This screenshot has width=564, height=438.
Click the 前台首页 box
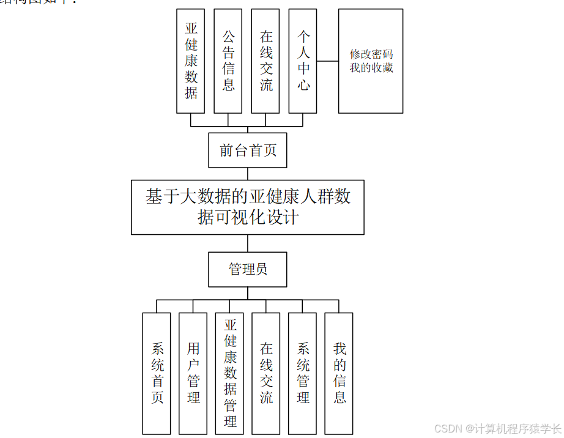click(x=247, y=150)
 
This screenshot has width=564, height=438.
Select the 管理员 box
click(x=247, y=269)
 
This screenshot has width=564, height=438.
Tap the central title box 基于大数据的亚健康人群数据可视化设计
click(x=247, y=207)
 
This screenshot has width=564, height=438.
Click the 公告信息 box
click(x=228, y=61)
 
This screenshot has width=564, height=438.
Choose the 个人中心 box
click(x=303, y=61)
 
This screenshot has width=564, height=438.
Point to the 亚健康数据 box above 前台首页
click(x=191, y=61)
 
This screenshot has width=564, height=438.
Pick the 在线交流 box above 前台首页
click(x=265, y=61)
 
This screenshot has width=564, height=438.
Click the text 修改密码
click(x=371, y=54)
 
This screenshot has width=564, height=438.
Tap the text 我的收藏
click(x=371, y=68)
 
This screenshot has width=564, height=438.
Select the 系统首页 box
click(x=157, y=373)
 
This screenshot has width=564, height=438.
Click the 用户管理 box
click(x=193, y=373)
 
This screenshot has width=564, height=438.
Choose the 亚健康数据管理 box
click(x=229, y=373)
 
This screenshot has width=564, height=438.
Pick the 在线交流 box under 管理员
click(x=266, y=373)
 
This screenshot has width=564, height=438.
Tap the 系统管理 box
click(x=303, y=373)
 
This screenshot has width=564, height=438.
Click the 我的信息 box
click(x=339, y=373)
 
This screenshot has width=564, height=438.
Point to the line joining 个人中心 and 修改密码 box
click(x=327, y=61)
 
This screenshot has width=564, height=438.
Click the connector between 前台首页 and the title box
click(x=248, y=174)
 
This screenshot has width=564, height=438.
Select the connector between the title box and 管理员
click(x=248, y=243)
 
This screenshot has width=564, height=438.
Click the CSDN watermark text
click(x=497, y=429)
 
